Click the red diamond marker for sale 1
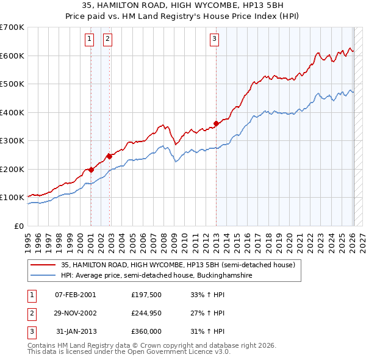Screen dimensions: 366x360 (x=91, y=170)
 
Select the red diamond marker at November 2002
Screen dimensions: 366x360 (x=109, y=156)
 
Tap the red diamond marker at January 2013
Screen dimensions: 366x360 (x=216, y=124)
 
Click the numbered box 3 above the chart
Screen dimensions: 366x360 (x=214, y=40)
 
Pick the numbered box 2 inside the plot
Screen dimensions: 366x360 (x=107, y=40)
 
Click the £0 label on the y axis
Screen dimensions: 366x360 (x=19, y=226)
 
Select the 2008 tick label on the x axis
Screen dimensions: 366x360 (x=163, y=243)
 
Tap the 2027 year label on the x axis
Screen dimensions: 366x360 (x=362, y=243)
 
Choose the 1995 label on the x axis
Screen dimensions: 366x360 (x=28, y=243)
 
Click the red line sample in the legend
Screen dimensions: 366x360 (x=43, y=265)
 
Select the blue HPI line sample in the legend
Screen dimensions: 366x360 (x=43, y=275)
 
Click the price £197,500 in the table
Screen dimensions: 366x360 (x=146, y=295)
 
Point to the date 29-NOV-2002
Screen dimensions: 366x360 (x=76, y=313)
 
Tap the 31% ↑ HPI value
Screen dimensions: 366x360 (x=207, y=331)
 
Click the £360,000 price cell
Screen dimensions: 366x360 (x=146, y=331)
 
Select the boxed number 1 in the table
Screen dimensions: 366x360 (x=32, y=296)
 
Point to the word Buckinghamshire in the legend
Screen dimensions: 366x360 (x=224, y=275)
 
